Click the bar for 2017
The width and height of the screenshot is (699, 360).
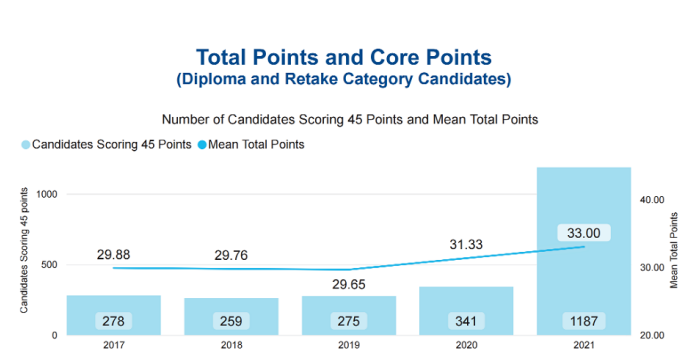[x=114, y=315]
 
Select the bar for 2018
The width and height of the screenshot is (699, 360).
[x=231, y=316]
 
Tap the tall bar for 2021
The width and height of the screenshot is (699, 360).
[x=584, y=251]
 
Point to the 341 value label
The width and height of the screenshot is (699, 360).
[x=466, y=321]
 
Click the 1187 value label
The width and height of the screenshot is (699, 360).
[x=584, y=321]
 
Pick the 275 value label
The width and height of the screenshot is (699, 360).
[x=349, y=321]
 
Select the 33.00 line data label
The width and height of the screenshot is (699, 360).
[x=584, y=233]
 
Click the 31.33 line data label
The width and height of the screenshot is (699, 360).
[x=466, y=245]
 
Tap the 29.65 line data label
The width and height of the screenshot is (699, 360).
[x=349, y=284]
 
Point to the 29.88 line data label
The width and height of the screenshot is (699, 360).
[x=114, y=254]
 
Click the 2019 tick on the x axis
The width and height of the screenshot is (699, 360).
[x=349, y=345]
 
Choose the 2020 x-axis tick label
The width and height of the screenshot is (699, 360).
[x=467, y=345]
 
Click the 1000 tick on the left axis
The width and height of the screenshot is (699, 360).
[x=47, y=195]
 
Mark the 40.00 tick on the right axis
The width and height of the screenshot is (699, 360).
[x=652, y=200]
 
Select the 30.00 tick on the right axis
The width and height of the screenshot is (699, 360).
[x=652, y=267]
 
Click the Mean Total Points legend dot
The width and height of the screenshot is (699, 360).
[x=202, y=145]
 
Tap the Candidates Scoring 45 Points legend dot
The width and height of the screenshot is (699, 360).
[x=26, y=145]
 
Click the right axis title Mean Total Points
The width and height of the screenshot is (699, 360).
[x=674, y=250]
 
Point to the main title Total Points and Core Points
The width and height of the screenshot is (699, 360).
[x=344, y=57]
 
